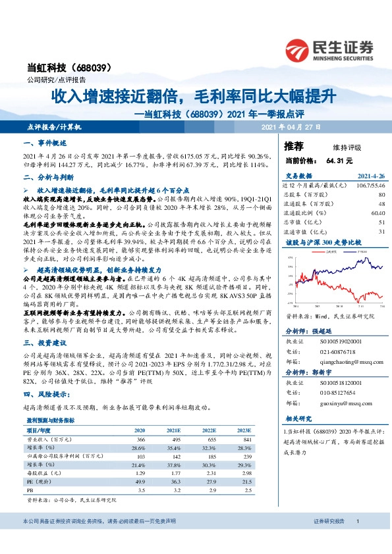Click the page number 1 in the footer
[x=356, y=521]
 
